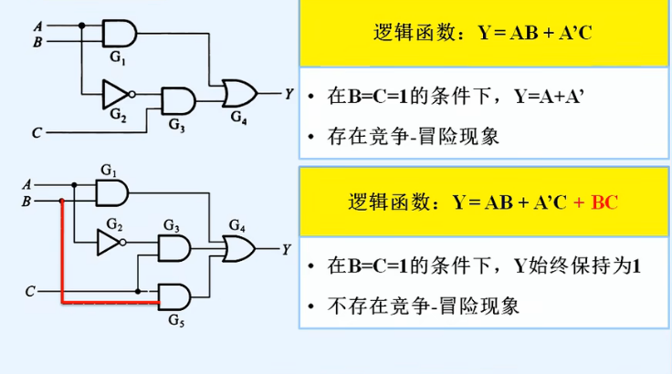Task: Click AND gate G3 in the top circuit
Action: tap(177, 99)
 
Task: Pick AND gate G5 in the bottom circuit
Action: tap(174, 295)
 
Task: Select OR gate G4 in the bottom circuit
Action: tap(238, 247)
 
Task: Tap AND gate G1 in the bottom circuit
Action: tap(111, 192)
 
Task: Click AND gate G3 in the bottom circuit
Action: tap(173, 248)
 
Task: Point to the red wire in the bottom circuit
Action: tap(61, 255)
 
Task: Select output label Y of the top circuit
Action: tap(289, 93)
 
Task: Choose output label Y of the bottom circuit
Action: tap(287, 248)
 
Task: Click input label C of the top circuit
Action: tap(36, 133)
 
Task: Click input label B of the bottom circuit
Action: tap(26, 201)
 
